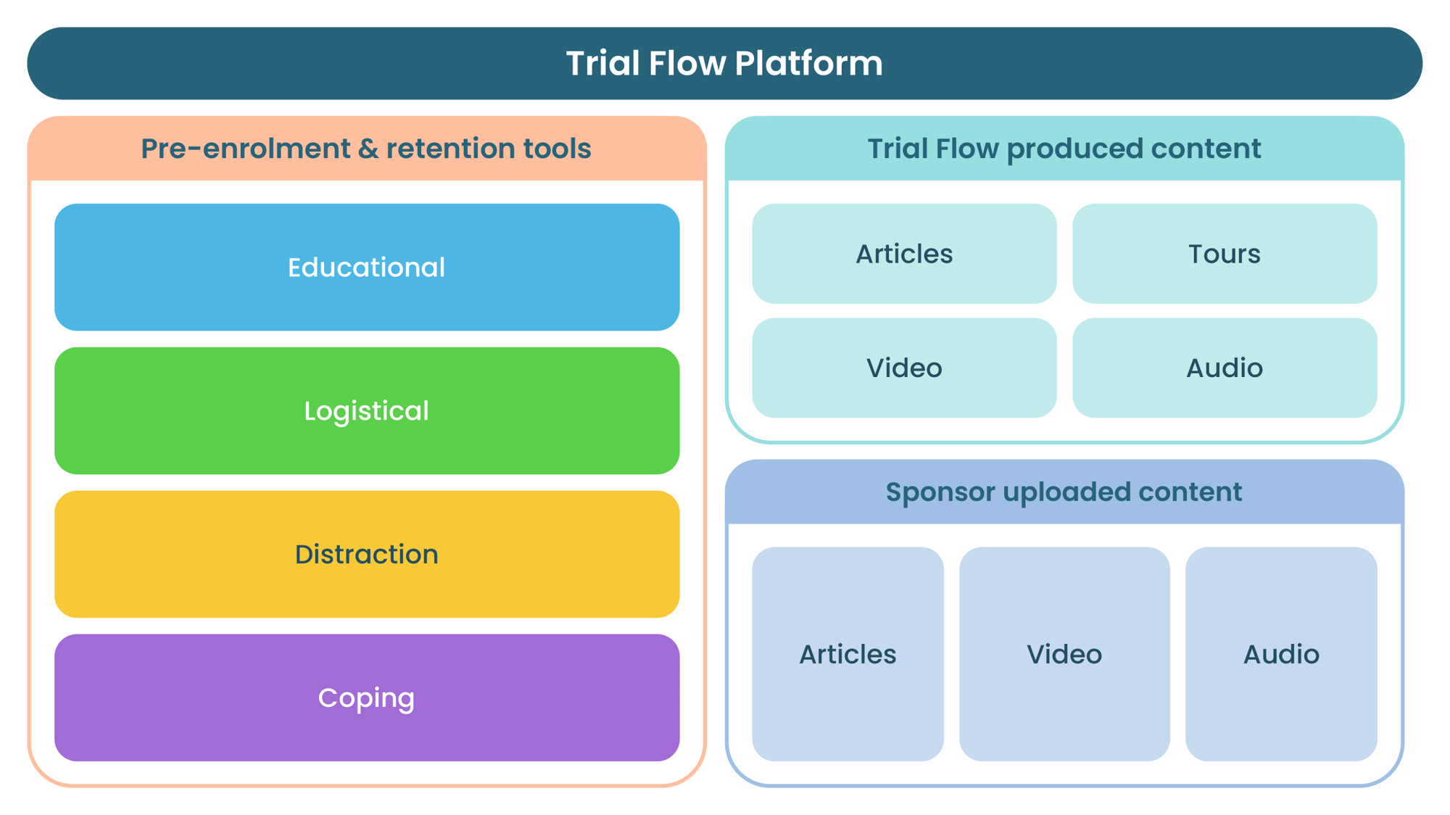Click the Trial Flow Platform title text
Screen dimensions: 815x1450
point(724,64)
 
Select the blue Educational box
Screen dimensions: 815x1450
point(367,268)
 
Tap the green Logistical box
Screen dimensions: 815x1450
point(367,411)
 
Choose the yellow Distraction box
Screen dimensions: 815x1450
point(367,555)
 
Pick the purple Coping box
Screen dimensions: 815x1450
point(367,698)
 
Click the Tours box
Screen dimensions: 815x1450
point(1225,254)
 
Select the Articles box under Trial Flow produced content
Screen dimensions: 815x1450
point(904,254)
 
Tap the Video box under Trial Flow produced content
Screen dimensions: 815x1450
point(904,368)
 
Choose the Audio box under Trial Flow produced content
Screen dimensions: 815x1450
point(1225,368)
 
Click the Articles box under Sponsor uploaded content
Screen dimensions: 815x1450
point(848,654)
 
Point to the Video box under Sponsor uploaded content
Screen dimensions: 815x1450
point(1064,654)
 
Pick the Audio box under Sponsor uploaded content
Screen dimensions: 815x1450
point(1281,654)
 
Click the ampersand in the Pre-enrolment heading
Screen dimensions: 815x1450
point(368,149)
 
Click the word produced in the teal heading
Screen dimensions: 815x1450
point(1074,149)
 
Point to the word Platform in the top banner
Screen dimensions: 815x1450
point(808,64)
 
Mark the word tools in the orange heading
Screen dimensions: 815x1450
point(557,149)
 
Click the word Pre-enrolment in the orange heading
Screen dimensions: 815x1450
point(245,149)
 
